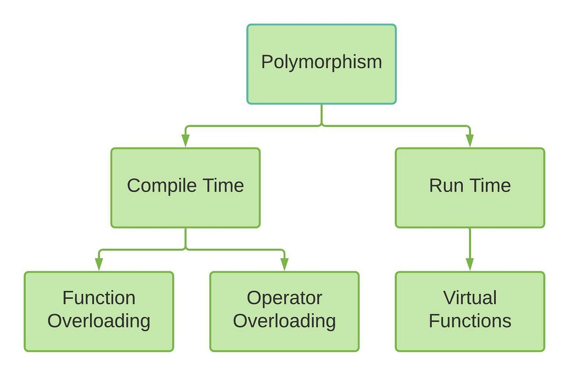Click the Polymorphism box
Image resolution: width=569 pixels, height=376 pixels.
(321, 64)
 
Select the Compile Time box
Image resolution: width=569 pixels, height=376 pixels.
(185, 188)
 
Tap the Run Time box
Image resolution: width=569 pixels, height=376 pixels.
(470, 188)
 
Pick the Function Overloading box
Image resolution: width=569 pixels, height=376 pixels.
(99, 311)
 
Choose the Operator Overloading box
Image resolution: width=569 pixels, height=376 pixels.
(284, 311)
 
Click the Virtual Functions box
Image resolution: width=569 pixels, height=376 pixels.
(470, 311)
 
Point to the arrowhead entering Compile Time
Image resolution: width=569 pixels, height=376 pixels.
(185, 141)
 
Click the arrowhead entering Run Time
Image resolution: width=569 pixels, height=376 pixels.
(470, 141)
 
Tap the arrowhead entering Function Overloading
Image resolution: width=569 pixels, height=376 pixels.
(99, 264)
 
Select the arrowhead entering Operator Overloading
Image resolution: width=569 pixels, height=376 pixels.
(284, 264)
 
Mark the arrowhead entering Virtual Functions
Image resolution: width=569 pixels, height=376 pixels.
(470, 264)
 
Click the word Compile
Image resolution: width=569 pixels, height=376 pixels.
(162, 186)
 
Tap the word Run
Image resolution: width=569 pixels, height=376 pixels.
(446, 186)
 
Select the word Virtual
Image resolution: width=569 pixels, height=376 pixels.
(470, 298)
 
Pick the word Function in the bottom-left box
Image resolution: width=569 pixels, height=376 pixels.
(99, 298)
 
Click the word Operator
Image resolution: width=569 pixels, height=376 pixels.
(284, 298)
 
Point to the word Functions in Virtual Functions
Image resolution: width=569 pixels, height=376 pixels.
(470, 321)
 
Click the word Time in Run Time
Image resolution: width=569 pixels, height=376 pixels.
(491, 186)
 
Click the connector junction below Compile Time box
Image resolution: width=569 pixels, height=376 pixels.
(185, 249)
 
